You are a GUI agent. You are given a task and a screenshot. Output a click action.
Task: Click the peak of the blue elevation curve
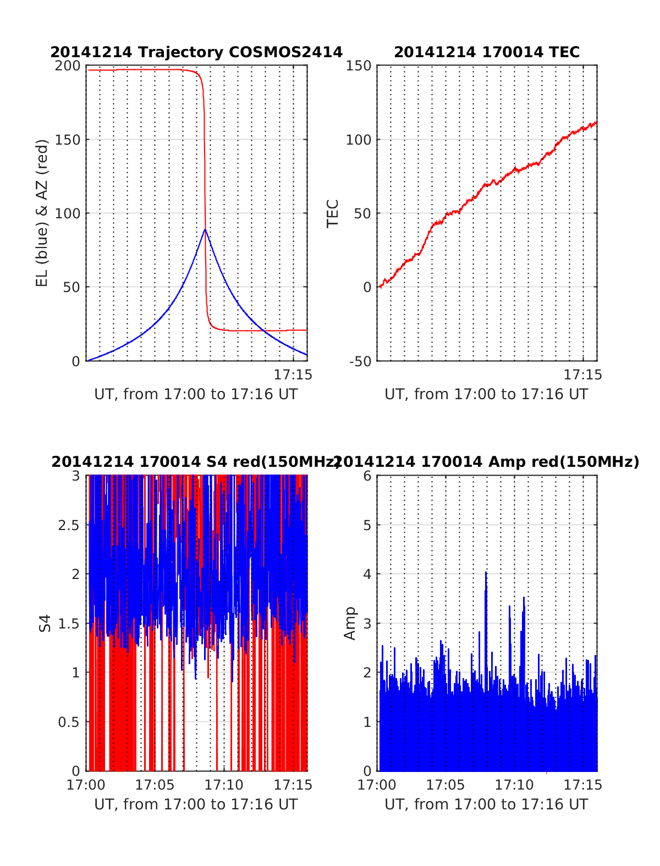(x=205, y=230)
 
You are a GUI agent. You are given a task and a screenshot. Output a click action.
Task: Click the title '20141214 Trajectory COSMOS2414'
(x=196, y=52)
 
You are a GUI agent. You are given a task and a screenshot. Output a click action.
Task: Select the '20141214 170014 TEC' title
(x=487, y=52)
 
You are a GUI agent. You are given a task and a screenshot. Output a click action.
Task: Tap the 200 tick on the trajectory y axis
(x=68, y=66)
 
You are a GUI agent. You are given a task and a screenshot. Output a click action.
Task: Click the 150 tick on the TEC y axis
(x=358, y=66)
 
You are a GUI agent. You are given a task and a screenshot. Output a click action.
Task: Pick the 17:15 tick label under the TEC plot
(x=582, y=375)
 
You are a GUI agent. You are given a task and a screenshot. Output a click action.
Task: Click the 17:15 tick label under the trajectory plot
(x=293, y=375)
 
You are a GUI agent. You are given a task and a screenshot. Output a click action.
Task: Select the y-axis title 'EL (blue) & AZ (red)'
(x=42, y=213)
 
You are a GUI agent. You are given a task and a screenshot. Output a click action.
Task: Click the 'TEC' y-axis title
(x=333, y=213)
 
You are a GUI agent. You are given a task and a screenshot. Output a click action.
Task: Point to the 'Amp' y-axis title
(x=350, y=623)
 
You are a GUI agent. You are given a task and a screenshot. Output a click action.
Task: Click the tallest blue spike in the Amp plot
(x=486, y=573)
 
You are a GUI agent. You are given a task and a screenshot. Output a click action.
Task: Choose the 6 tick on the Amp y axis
(x=367, y=476)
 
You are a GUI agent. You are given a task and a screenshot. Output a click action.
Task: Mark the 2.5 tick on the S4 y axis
(x=69, y=525)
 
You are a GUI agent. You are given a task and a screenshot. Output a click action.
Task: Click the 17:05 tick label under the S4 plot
(x=155, y=785)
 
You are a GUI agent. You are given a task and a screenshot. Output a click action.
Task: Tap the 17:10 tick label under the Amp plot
(x=514, y=785)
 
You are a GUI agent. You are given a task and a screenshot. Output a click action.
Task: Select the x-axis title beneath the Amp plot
(x=486, y=804)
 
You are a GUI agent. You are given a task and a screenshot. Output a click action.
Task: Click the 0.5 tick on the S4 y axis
(x=69, y=722)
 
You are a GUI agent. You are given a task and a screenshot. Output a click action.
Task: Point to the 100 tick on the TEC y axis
(x=358, y=140)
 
